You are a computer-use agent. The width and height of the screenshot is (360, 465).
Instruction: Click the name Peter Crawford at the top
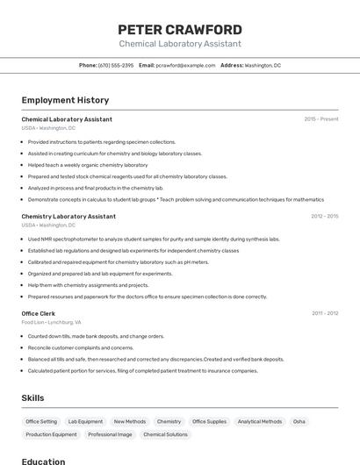180,30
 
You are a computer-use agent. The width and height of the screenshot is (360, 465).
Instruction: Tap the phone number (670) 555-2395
116,66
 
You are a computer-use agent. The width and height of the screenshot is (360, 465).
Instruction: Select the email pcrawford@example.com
185,66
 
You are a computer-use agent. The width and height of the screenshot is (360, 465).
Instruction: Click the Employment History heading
65,100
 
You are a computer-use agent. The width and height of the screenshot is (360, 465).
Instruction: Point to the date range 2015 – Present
321,119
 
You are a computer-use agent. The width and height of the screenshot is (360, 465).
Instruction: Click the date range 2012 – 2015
324,216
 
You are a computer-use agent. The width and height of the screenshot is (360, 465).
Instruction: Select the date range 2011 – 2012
325,313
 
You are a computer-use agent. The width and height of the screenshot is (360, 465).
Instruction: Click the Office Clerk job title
39,313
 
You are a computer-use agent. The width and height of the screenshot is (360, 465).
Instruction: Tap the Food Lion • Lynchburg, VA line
51,322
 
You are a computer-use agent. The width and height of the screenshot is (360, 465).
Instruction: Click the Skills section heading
32,398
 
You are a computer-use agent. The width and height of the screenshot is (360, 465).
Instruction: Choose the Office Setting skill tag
41,422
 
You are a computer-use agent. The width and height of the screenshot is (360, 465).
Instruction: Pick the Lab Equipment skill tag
85,422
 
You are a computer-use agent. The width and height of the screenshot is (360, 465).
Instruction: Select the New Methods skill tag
130,422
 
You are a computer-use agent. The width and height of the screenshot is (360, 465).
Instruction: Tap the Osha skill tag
299,422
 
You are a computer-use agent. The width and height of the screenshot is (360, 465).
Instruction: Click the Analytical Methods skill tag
260,422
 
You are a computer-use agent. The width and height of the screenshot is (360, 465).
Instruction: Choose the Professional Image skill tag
110,434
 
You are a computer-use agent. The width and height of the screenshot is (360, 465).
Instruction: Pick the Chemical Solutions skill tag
165,434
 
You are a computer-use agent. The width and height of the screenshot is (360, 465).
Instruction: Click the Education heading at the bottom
43,461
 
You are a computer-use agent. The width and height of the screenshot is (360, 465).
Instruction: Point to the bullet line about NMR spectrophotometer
154,239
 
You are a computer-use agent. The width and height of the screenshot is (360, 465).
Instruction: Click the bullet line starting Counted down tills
96,336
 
